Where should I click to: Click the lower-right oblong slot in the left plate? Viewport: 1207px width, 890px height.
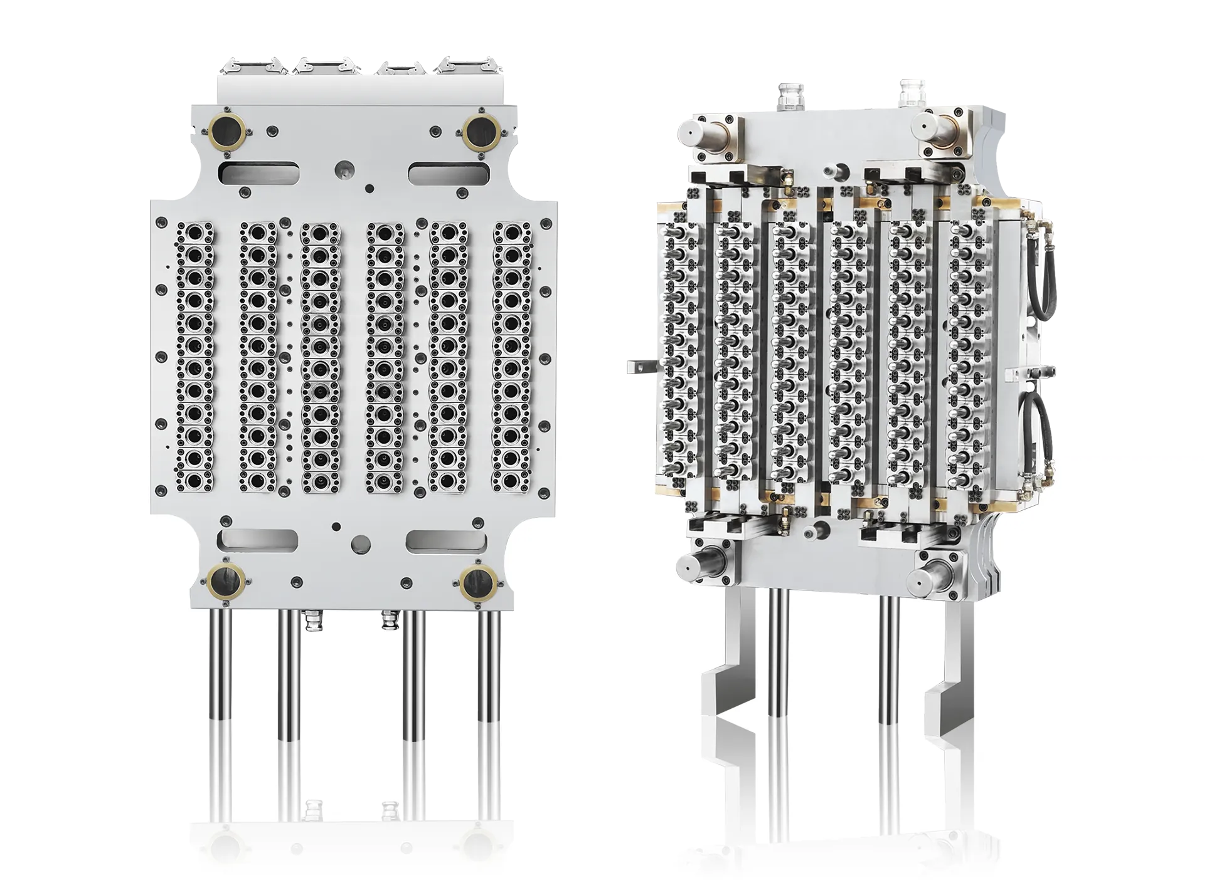click(x=446, y=541)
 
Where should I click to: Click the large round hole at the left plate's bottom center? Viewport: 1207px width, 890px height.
click(x=361, y=543)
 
